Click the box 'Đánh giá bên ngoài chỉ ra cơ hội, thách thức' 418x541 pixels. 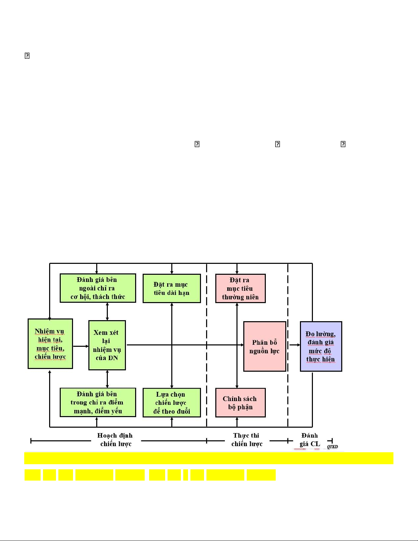[x=98, y=288]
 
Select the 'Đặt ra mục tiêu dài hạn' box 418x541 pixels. [x=171, y=288]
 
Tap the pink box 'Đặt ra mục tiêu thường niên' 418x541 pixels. [x=240, y=288]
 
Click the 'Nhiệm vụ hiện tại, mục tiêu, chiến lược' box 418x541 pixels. [x=50, y=344]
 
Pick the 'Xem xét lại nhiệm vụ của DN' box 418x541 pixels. [x=107, y=345]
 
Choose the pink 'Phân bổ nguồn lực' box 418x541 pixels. [x=264, y=346]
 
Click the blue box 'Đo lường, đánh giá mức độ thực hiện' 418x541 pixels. [x=321, y=346]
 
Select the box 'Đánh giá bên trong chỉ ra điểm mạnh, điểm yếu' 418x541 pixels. [x=98, y=402]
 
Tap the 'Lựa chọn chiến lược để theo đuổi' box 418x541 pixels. [x=171, y=403]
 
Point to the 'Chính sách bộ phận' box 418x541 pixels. [x=240, y=403]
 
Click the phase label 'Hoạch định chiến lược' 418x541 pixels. [x=115, y=440]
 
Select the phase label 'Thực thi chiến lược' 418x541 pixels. [x=247, y=440]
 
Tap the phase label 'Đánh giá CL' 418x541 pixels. [x=310, y=440]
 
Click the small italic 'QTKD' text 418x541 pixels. [x=332, y=446]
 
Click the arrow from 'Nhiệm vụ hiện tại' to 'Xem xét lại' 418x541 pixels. [x=81, y=346]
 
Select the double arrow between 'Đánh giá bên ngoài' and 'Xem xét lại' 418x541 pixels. [x=107, y=311]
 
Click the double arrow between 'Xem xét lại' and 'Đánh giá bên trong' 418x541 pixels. [x=107, y=379]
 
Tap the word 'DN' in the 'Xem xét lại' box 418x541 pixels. [x=113, y=358]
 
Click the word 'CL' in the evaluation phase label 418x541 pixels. [x=315, y=444]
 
